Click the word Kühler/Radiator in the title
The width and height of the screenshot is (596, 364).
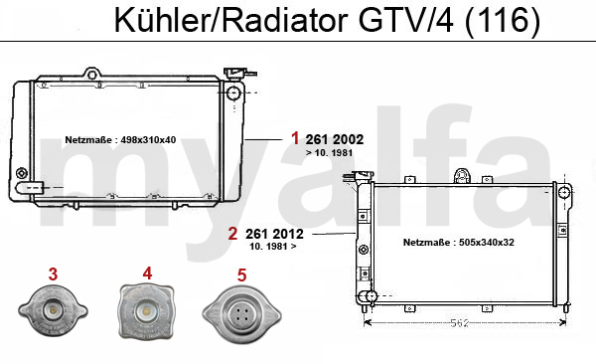[230, 21]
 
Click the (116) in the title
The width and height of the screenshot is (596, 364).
[502, 21]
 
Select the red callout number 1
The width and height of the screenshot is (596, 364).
[295, 138]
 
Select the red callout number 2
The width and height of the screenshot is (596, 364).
[232, 234]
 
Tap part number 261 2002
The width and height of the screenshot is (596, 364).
[335, 140]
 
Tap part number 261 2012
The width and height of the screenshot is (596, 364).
[274, 234]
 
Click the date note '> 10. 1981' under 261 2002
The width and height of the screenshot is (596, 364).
[329, 153]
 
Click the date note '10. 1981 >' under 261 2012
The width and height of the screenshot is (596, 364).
[273, 247]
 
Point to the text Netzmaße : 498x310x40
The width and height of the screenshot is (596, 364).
[120, 140]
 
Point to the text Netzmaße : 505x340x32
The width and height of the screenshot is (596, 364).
[459, 242]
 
